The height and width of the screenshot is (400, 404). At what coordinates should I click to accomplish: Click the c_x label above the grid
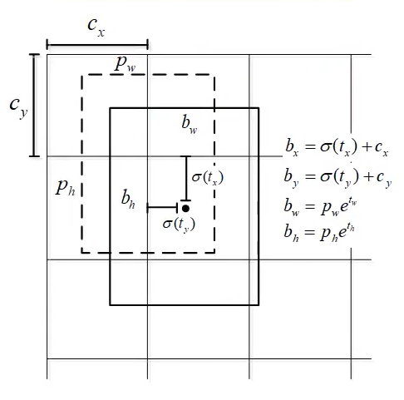pos(96,27)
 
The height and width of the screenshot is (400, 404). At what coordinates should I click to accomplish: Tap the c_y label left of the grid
pos(19,107)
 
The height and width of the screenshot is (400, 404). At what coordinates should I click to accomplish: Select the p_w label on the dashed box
pos(125,64)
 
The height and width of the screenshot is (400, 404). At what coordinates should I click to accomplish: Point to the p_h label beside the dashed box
pos(65,187)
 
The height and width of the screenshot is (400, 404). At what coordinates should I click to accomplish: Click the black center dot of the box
pos(185,209)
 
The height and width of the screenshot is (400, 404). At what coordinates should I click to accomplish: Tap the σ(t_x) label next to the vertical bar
pos(208,177)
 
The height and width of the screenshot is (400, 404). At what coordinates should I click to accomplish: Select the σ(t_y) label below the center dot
pos(179,224)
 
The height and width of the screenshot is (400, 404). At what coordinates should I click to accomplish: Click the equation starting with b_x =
pos(337,147)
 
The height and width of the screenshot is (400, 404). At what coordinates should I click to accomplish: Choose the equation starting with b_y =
pos(337,177)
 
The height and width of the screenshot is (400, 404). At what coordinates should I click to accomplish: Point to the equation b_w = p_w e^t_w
pos(320,206)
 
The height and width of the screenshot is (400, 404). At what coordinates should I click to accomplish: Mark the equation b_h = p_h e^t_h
pos(319,233)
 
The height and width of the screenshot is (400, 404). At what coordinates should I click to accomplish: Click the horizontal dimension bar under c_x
pos(97,44)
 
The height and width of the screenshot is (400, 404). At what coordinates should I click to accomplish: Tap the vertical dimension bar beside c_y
pos(34,106)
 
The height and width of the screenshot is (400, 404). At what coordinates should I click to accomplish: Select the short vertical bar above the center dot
pos(186,179)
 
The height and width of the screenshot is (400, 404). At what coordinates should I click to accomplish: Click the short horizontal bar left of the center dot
pos(163,207)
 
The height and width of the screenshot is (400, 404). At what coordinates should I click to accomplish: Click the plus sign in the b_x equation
pos(367,146)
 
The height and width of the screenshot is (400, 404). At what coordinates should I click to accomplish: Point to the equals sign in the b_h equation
pos(310,233)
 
